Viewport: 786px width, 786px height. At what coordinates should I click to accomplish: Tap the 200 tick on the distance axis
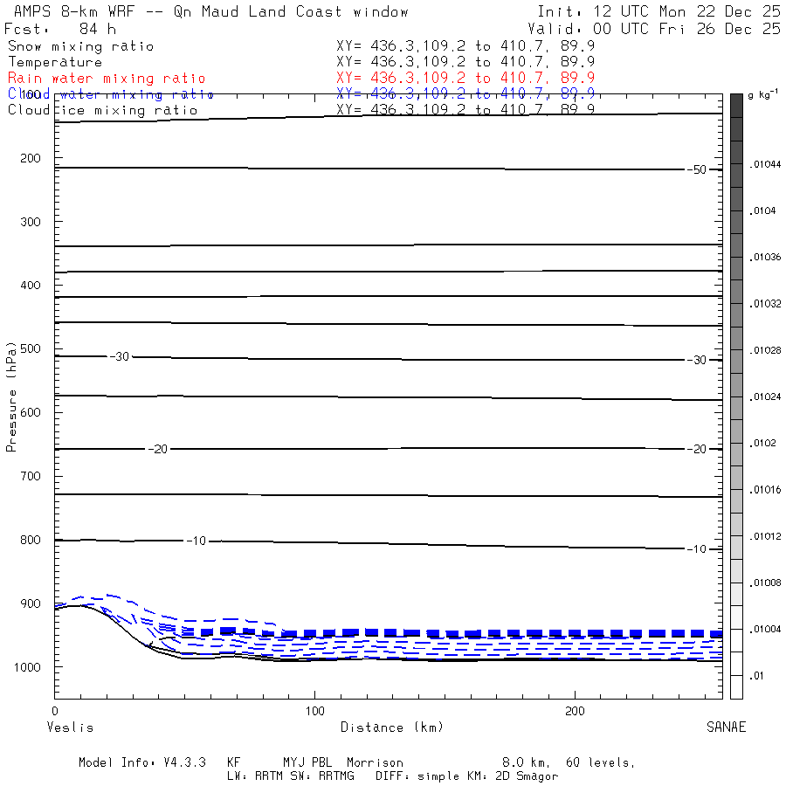[576, 711]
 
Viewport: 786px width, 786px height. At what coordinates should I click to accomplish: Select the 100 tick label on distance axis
[315, 711]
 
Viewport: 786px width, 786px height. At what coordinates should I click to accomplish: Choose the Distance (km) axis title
[392, 727]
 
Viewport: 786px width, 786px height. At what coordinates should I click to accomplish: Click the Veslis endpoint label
[69, 727]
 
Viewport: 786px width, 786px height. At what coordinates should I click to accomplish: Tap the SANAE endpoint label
[726, 727]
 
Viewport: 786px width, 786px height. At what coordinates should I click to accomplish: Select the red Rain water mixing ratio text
[107, 79]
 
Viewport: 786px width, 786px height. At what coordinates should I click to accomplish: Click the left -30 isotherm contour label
[119, 357]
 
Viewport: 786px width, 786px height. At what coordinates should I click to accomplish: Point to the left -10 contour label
[196, 541]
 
